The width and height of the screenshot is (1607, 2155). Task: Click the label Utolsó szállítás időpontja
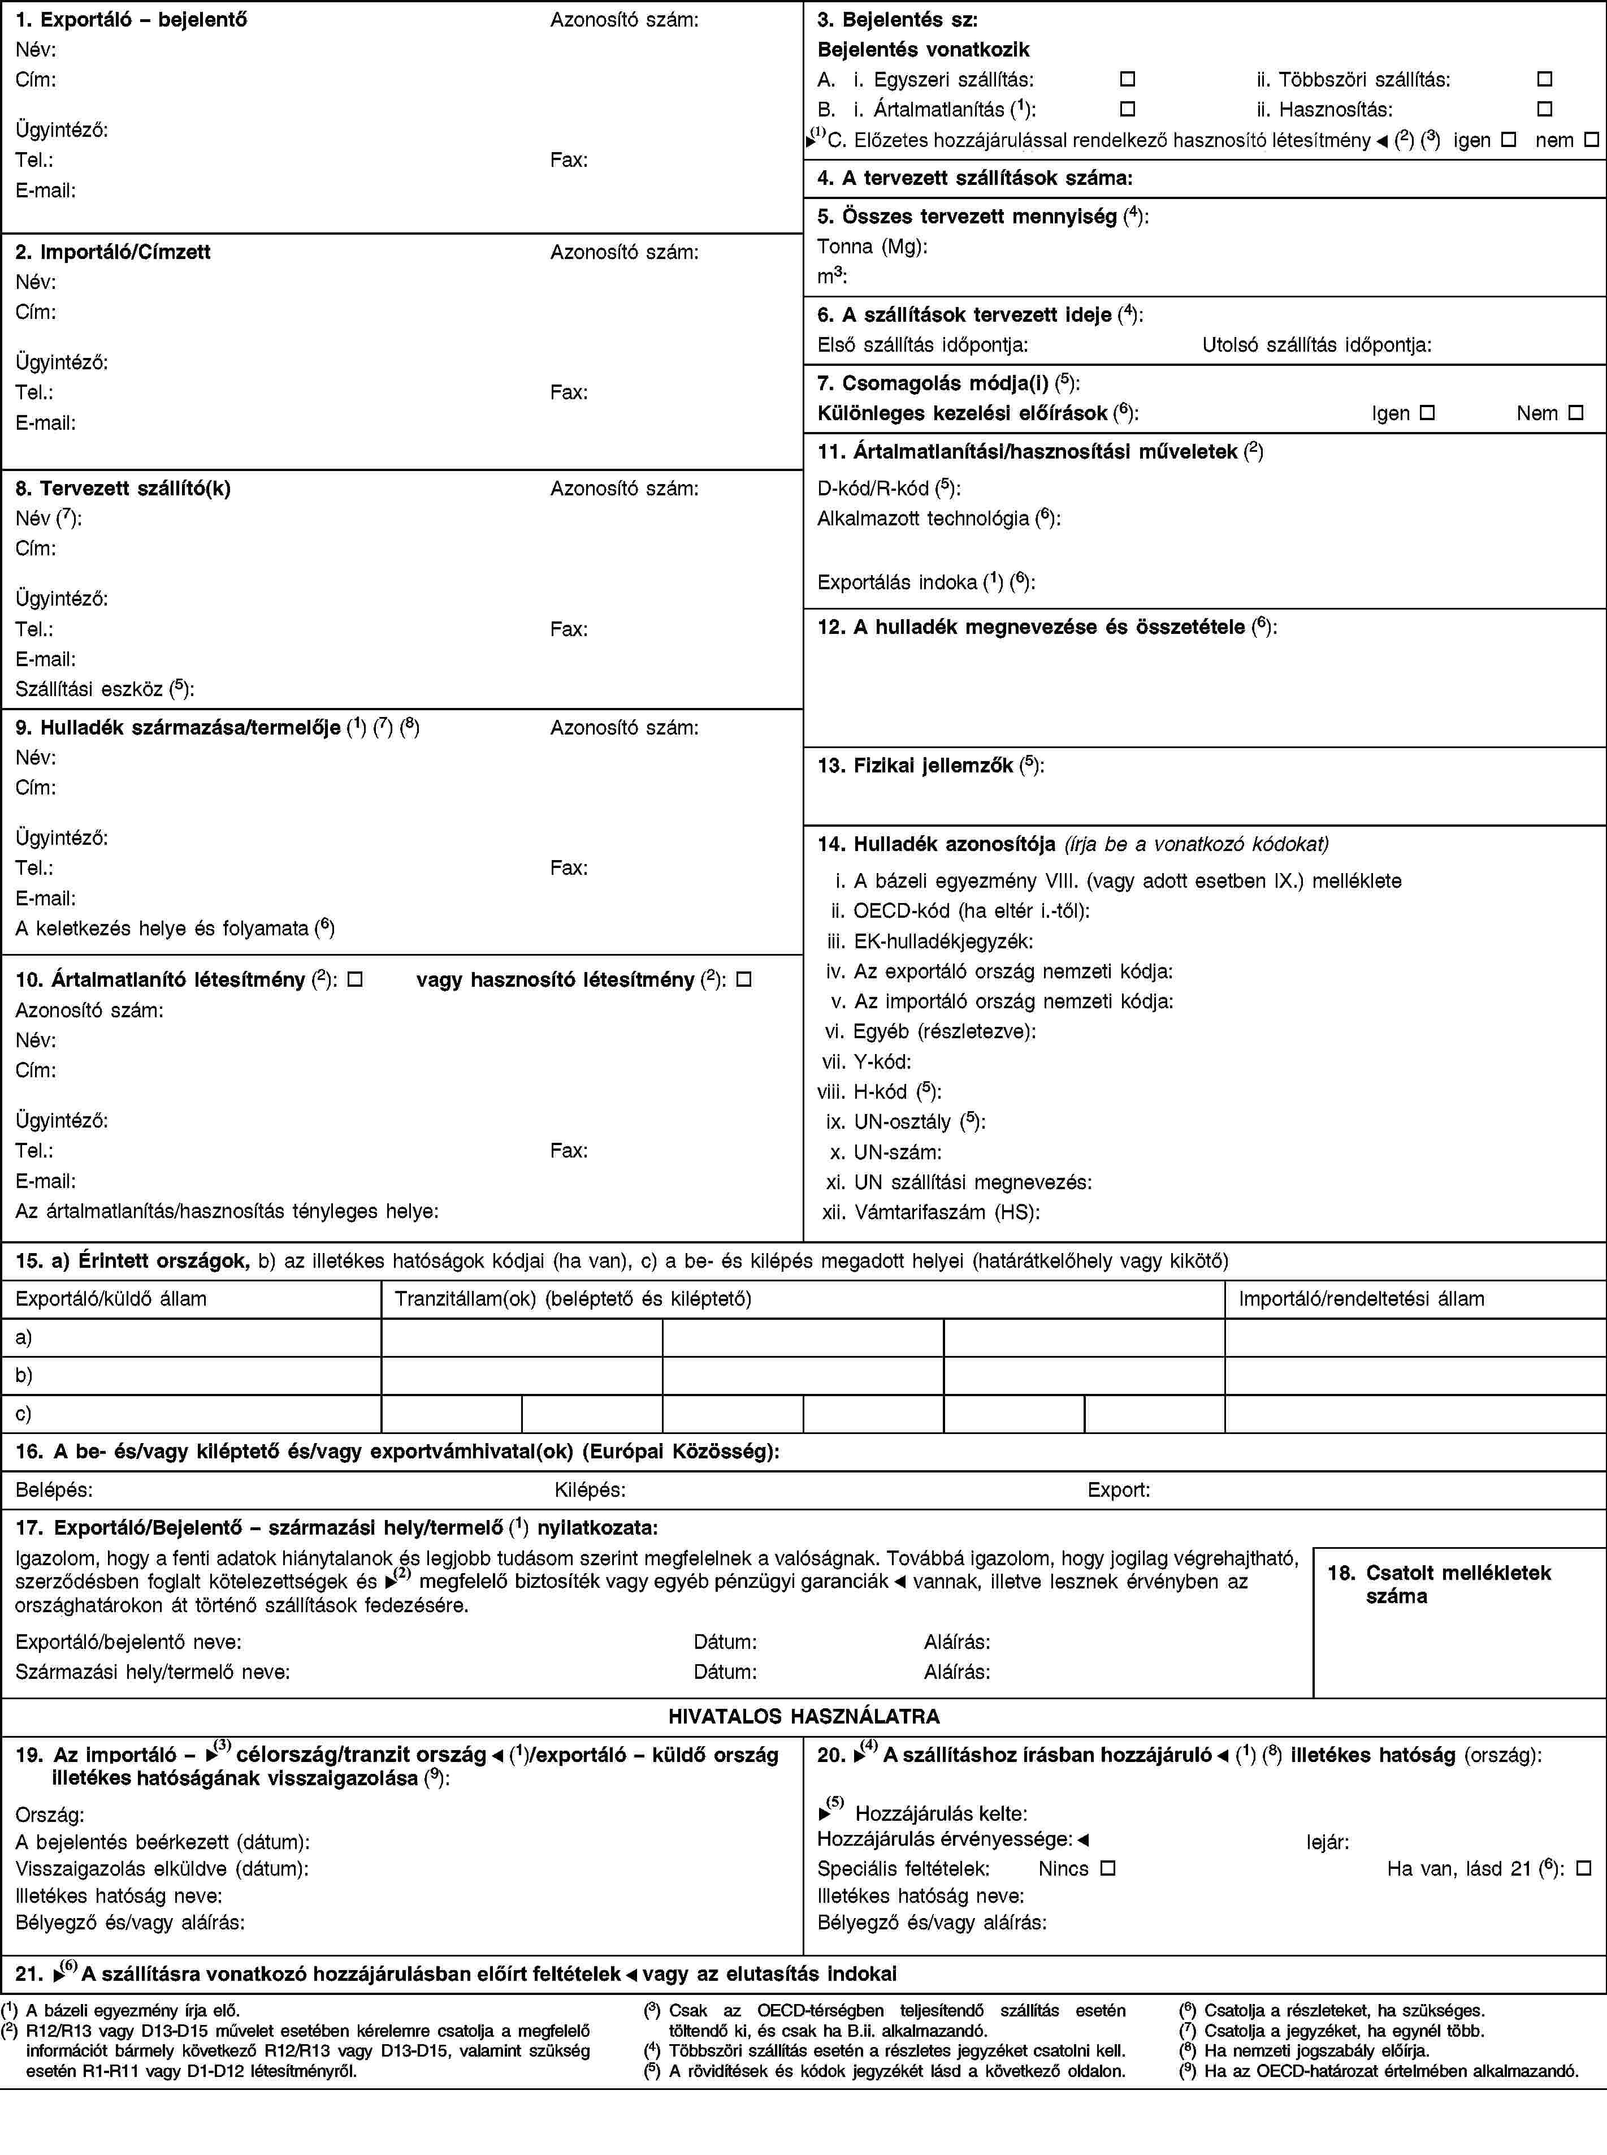(x=1316, y=344)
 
